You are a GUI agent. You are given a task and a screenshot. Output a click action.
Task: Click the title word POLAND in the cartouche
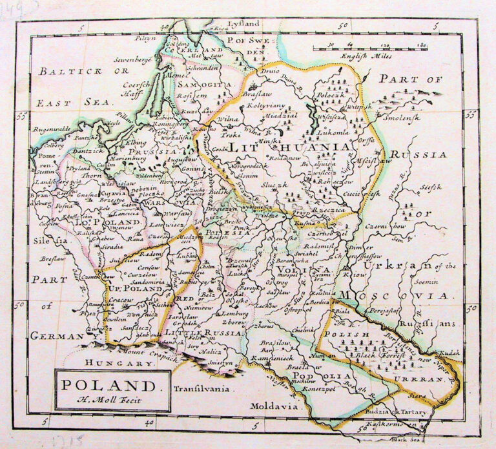click(x=110, y=386)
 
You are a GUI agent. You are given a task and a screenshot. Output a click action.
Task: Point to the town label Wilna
click(x=227, y=120)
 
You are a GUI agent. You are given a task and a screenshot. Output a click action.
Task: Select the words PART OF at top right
click(x=419, y=79)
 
